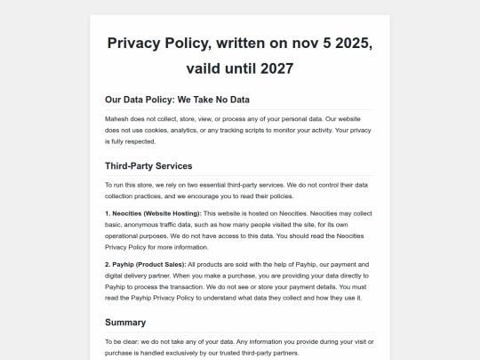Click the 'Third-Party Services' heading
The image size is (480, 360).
click(x=148, y=165)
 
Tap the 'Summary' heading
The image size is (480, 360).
click(x=125, y=322)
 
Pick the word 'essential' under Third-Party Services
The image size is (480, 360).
click(x=218, y=184)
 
